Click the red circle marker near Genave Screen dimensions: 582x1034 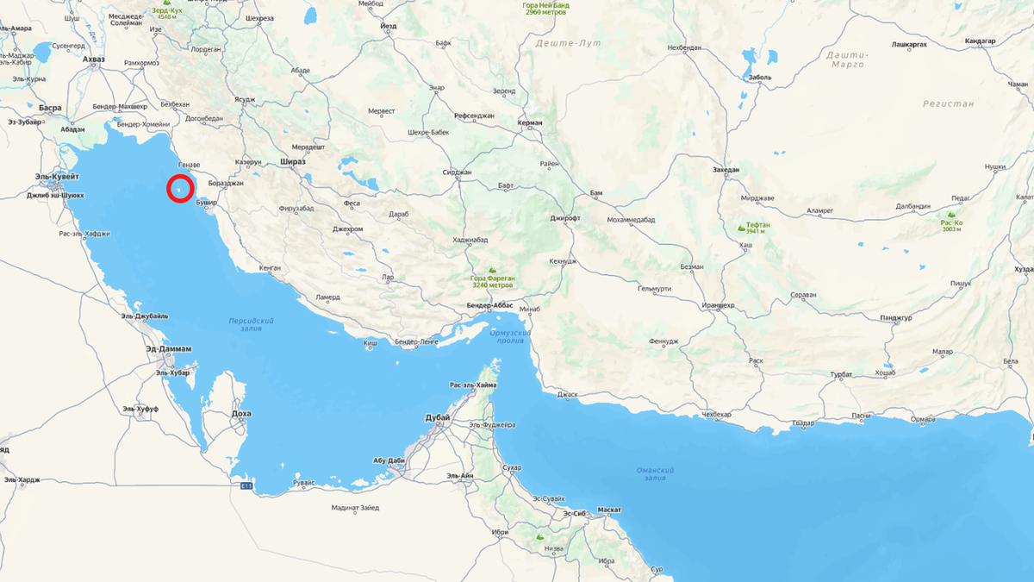click(180, 188)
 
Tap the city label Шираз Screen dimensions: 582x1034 click(293, 161)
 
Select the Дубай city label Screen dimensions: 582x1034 click(438, 417)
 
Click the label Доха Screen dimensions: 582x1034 click(241, 414)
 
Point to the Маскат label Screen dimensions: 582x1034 click(608, 510)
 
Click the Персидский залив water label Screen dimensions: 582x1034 click(251, 323)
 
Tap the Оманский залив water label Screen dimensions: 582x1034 click(655, 473)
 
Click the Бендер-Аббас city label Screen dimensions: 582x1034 click(489, 305)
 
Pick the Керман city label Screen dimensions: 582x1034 click(530, 122)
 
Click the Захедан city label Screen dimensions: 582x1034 click(726, 170)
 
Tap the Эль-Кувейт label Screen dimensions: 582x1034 click(57, 176)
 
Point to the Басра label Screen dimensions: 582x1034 click(50, 108)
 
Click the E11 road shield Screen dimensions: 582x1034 click(246, 487)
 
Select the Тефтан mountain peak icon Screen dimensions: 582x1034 click(741, 228)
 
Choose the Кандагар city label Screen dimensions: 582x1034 click(981, 41)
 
